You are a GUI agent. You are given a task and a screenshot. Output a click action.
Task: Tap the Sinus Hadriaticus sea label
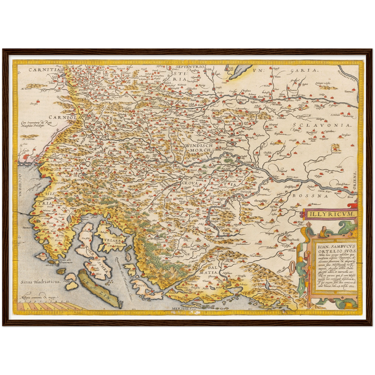coord(41,281)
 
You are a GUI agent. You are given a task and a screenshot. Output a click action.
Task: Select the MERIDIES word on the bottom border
coord(181,309)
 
